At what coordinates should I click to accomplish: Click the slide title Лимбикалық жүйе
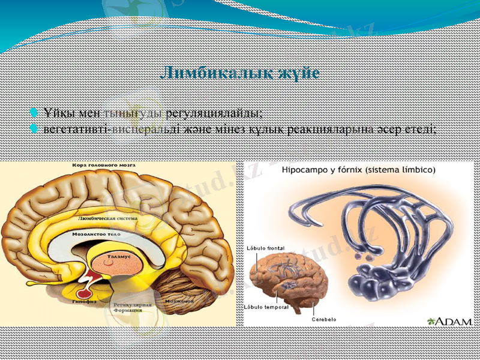point(240,74)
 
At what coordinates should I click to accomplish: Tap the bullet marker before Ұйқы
point(34,112)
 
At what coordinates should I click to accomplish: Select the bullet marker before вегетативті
point(34,128)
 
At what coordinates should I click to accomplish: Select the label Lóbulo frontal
point(265,248)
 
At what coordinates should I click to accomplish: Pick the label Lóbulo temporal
point(266,307)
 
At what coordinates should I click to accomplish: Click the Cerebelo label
point(324,319)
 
